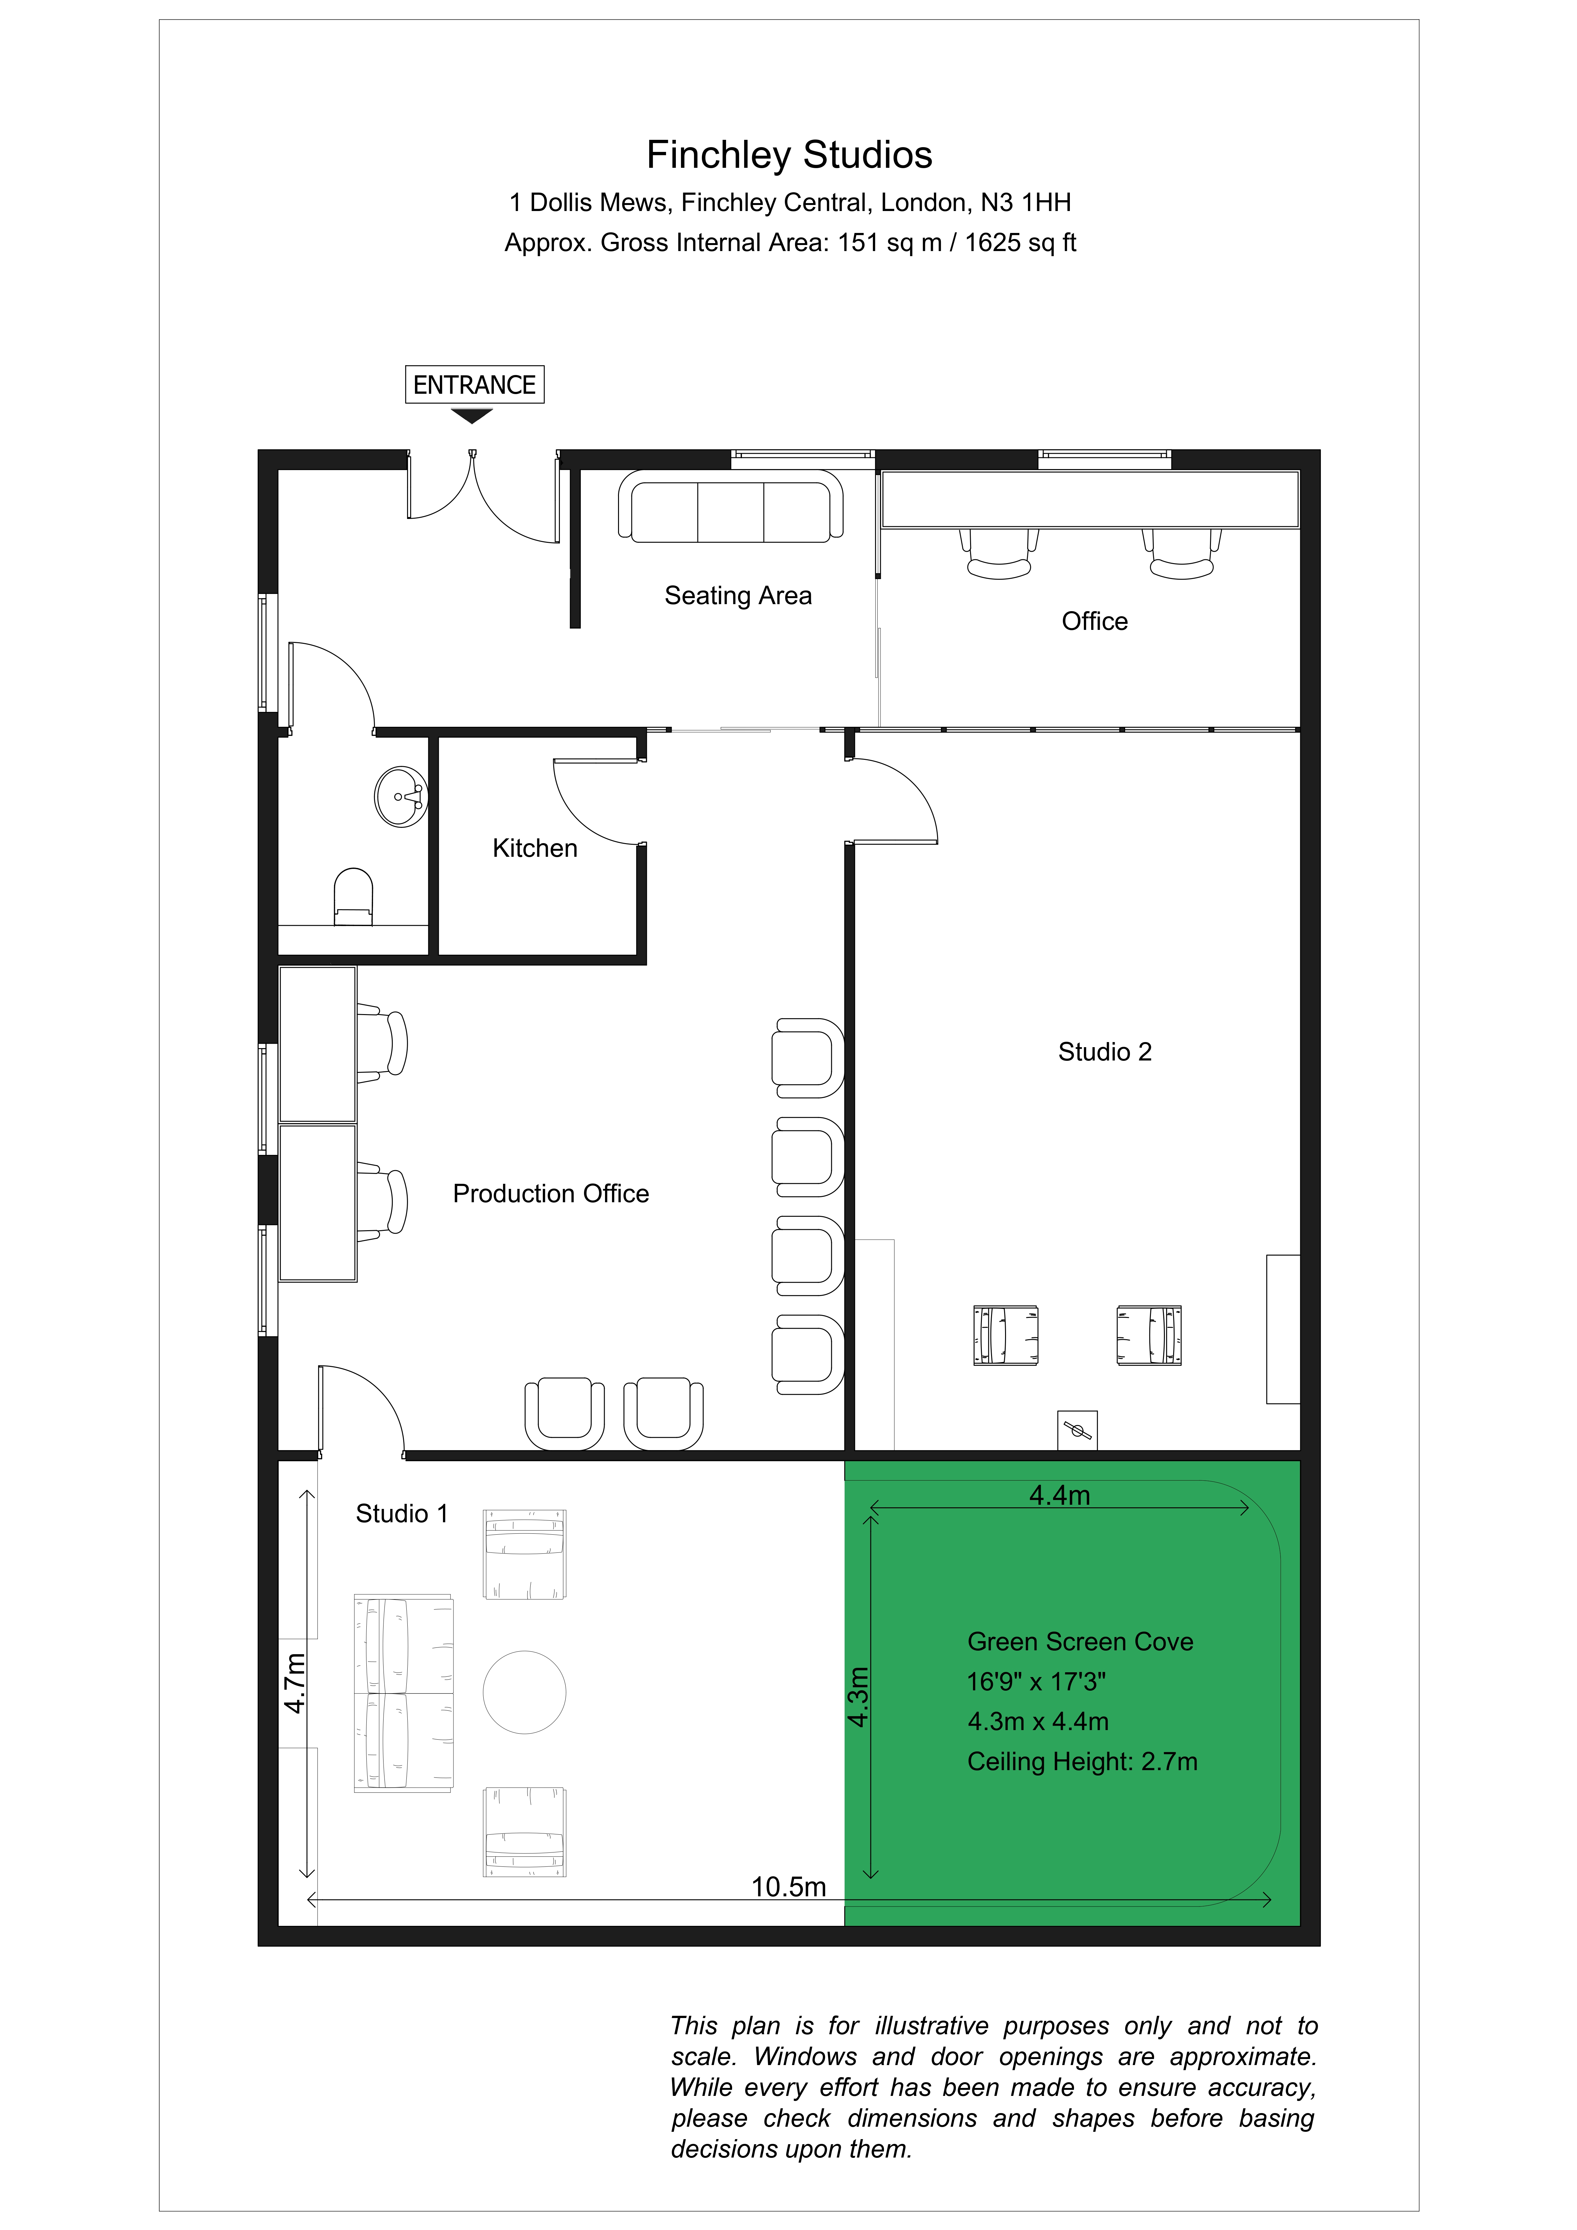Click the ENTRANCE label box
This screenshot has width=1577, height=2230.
(x=474, y=385)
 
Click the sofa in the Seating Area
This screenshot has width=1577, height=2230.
(x=730, y=506)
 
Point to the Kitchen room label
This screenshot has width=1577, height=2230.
(x=535, y=848)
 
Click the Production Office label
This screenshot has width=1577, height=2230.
(x=551, y=1194)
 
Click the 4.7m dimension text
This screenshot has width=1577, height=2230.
(x=294, y=1683)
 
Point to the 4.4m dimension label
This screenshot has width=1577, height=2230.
(x=1059, y=1495)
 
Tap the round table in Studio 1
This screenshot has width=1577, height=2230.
(x=524, y=1692)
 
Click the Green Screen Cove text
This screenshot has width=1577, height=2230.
(x=1080, y=1641)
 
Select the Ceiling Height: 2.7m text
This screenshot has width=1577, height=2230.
(x=1082, y=1761)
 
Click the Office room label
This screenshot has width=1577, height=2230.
(x=1094, y=622)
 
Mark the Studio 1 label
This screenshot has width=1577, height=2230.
(x=402, y=1513)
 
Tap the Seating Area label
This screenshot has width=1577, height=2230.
(x=738, y=595)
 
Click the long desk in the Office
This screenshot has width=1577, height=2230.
(x=1090, y=499)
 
